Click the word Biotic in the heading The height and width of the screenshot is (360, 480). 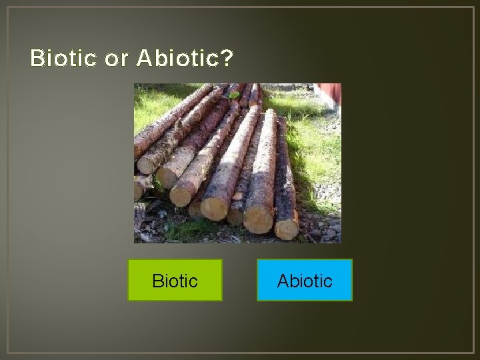pos(63,59)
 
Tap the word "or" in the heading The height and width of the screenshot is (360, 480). pos(116,59)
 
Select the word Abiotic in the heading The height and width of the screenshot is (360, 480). pos(178,59)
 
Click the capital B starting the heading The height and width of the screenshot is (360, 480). pos(37,59)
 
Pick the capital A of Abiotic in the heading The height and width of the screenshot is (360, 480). pos(144,59)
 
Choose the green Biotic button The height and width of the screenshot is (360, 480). pos(175,280)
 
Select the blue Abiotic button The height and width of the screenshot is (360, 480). pos(304,280)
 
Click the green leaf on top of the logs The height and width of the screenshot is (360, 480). pos(233,95)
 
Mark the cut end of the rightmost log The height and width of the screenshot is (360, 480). pos(287,229)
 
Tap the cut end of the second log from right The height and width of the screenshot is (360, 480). pos(258,219)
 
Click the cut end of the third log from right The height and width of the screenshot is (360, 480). pos(215,208)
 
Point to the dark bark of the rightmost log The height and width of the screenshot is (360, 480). pos(284,180)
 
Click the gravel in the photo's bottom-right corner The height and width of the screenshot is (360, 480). pos(329,231)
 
